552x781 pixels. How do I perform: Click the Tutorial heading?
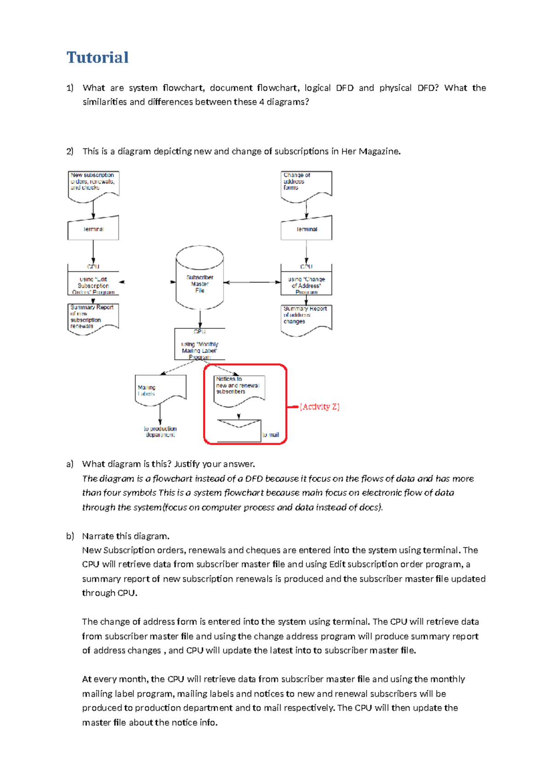click(98, 57)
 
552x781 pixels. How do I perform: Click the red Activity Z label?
click(319, 407)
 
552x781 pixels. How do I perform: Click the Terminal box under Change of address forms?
click(306, 229)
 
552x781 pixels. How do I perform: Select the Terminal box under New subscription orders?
click(93, 229)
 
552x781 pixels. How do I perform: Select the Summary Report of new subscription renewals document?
click(93, 318)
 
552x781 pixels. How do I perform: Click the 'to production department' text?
click(160, 431)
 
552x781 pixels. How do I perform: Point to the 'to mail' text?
click(271, 435)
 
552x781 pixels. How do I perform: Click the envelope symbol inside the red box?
click(239, 431)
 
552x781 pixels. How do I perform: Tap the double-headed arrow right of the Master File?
click(252, 282)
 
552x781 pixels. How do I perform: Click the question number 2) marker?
click(70, 151)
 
